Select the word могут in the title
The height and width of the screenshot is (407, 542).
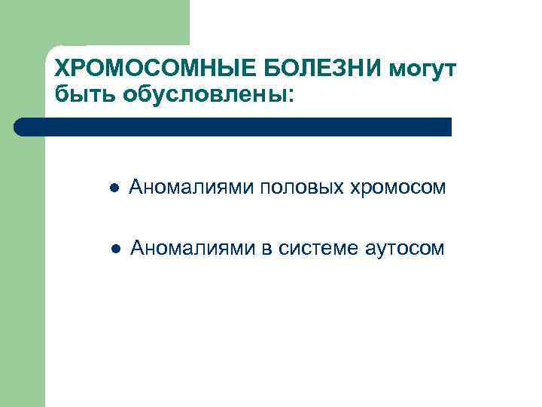(x=425, y=70)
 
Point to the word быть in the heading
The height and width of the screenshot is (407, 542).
(x=81, y=95)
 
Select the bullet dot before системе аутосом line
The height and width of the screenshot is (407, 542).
(x=113, y=249)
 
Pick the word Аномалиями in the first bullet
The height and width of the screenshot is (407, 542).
(x=191, y=187)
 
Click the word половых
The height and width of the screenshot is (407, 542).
(x=303, y=187)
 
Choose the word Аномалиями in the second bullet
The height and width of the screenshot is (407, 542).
(x=193, y=248)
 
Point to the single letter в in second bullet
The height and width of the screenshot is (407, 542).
(x=266, y=249)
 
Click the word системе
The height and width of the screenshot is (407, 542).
(x=316, y=248)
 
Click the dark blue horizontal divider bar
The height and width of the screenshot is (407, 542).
(x=233, y=127)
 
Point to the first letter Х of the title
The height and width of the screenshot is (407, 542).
(x=62, y=70)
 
